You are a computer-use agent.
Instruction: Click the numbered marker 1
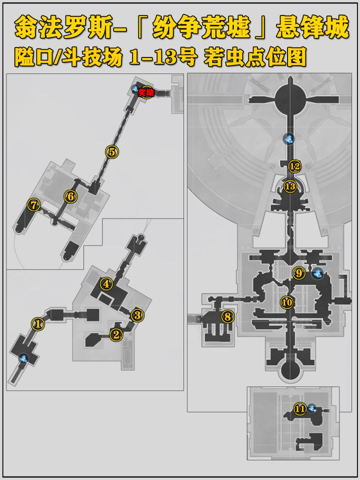38,323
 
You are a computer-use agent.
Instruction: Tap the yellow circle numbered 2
115,334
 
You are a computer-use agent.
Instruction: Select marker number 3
137,314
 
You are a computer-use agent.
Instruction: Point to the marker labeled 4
106,284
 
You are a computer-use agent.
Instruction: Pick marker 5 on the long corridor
112,151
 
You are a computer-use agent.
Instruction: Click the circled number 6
70,196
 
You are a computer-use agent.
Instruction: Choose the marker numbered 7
33,205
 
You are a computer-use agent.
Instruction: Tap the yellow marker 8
227,316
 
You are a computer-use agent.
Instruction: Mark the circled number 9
299,272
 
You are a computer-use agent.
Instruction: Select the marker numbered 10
287,302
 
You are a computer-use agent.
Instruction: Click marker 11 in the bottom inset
300,408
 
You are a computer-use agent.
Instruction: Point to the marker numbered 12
294,166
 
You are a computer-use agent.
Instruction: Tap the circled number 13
290,186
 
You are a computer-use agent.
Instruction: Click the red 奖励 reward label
146,92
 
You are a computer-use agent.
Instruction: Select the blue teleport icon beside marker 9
318,273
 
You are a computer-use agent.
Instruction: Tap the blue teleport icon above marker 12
288,139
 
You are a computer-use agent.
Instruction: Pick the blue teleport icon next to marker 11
311,408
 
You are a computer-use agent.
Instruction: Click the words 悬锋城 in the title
312,27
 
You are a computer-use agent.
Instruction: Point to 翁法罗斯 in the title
63,27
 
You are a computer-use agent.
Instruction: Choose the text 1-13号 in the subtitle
162,57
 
